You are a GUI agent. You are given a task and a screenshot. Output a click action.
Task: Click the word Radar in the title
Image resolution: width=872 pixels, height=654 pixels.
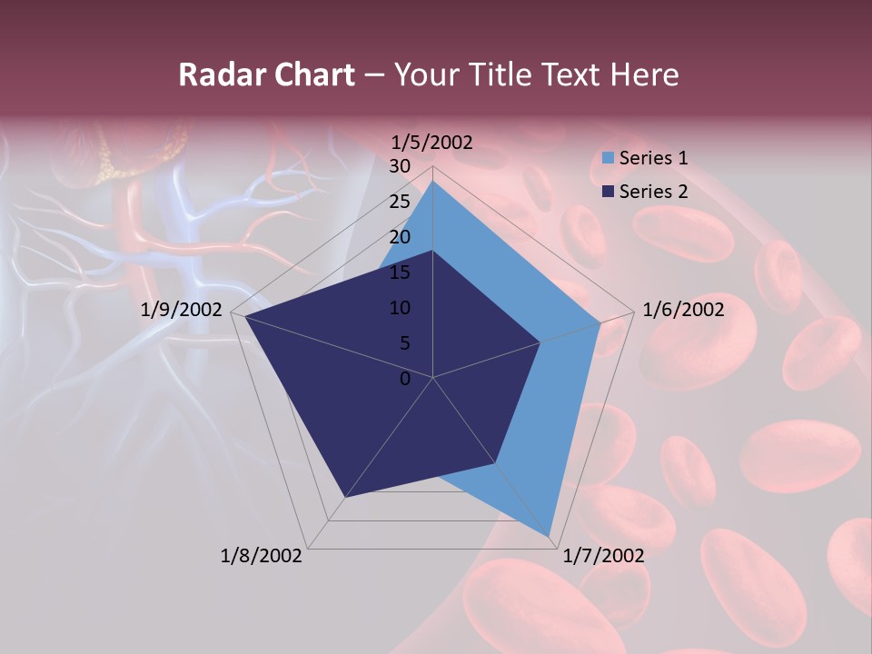click(x=214, y=74)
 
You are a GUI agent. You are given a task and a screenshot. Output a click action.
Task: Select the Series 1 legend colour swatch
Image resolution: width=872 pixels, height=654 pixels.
click(x=608, y=159)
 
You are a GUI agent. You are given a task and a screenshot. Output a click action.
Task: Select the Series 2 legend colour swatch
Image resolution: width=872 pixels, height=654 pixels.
click(x=608, y=192)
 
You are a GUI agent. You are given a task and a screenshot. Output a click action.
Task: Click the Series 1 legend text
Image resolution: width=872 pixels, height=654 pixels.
click(x=653, y=158)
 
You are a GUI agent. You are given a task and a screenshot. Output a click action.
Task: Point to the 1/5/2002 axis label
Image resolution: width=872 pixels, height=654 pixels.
click(x=431, y=142)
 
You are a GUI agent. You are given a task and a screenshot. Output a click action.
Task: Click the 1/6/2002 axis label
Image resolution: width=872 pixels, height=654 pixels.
click(x=683, y=310)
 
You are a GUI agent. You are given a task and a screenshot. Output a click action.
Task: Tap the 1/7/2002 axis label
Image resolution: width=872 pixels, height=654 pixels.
click(x=604, y=556)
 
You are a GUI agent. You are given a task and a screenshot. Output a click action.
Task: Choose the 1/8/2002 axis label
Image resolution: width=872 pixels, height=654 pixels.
click(x=262, y=556)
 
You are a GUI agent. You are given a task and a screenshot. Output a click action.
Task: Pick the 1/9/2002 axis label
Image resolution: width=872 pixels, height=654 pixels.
click(x=182, y=310)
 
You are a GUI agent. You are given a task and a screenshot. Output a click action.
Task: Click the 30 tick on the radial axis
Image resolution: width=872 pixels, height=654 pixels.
click(x=400, y=166)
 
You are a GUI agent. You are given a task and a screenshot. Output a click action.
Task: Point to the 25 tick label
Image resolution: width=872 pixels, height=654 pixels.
click(x=400, y=202)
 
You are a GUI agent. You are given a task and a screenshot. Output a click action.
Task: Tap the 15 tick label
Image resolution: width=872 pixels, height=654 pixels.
click(x=400, y=272)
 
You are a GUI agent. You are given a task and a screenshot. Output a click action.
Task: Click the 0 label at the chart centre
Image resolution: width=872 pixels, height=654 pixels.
click(x=405, y=379)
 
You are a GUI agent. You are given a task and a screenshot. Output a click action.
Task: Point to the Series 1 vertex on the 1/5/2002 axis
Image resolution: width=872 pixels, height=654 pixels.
click(x=433, y=181)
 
